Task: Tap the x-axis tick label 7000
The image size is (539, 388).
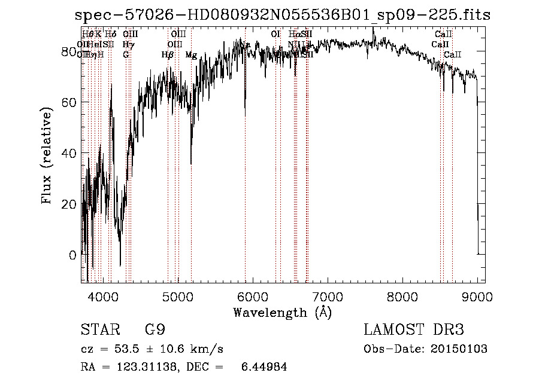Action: [x=328, y=295]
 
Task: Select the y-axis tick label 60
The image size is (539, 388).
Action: [x=69, y=102]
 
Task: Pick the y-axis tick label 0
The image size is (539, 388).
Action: [x=73, y=255]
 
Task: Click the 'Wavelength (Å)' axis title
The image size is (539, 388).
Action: [x=282, y=312]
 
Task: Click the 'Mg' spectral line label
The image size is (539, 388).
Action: [x=191, y=55]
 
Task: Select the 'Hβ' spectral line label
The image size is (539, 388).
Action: [x=167, y=55]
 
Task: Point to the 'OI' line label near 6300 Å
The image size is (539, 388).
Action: [x=275, y=35]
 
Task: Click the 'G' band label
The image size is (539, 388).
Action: [x=126, y=55]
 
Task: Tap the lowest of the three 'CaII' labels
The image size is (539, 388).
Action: [x=452, y=55]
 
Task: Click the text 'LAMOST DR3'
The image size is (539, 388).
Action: [x=413, y=330]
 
